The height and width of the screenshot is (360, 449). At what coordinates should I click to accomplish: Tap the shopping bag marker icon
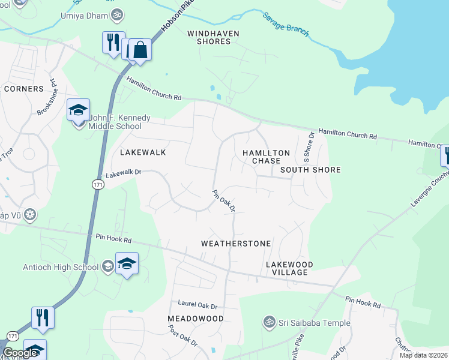[140, 49]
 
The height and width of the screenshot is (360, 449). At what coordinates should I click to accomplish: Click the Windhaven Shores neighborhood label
[209, 37]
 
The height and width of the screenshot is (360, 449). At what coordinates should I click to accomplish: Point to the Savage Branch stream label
[286, 25]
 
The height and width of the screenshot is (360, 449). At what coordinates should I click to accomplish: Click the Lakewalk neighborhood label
[143, 152]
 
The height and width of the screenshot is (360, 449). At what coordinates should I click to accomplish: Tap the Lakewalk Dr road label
[124, 173]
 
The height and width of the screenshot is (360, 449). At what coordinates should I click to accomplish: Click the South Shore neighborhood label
[310, 170]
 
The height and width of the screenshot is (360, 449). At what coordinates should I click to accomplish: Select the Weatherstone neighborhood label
[236, 244]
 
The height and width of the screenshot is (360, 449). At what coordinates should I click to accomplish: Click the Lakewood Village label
[290, 268]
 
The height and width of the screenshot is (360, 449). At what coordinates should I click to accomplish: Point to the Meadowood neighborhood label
[196, 318]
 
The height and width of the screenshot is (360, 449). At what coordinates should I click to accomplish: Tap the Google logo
[20, 353]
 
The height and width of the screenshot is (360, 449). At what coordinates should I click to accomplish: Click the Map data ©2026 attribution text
[424, 355]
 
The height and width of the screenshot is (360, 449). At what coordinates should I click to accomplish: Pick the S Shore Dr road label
[309, 148]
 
